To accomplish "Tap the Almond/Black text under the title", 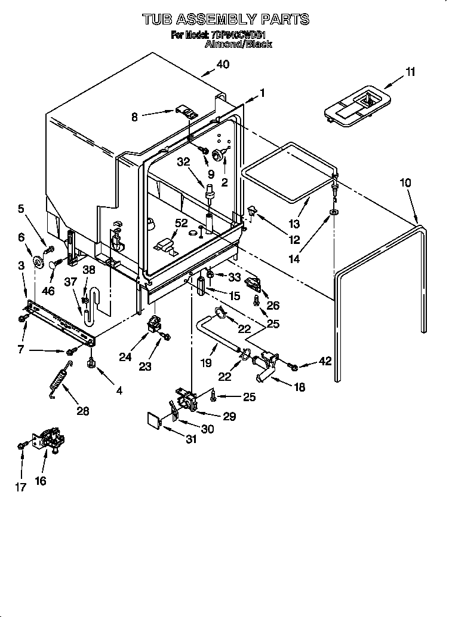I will tap(238, 44).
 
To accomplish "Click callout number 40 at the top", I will tap(222, 65).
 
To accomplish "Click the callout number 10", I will tap(405, 183).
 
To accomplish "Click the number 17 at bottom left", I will tap(21, 487).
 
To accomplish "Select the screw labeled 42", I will tap(293, 365).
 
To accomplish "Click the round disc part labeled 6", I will tap(39, 261).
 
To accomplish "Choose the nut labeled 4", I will tap(91, 363).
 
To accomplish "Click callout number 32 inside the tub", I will tap(183, 161).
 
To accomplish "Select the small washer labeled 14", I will tap(333, 213).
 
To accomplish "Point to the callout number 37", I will tap(71, 282).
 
